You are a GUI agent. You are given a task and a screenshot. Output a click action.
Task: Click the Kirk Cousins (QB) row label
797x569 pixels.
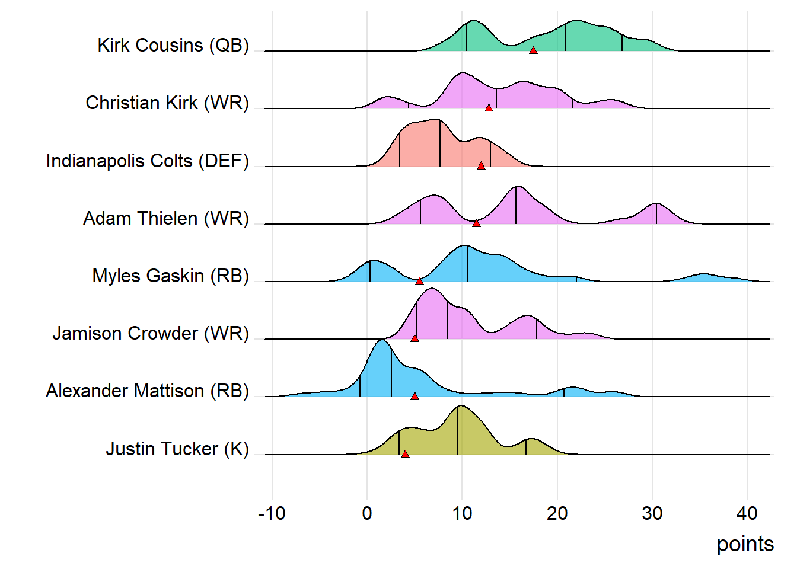tap(173, 46)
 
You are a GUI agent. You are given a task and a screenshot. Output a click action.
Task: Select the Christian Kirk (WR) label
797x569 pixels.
tap(167, 103)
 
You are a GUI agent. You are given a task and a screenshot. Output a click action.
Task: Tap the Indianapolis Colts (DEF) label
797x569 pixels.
tap(148, 161)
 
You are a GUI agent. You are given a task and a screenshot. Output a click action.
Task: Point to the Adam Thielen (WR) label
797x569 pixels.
tap(166, 219)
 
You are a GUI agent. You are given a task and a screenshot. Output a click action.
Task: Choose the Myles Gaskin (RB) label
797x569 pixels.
tap(171, 276)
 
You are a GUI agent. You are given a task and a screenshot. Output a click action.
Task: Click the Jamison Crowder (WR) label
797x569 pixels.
tap(151, 334)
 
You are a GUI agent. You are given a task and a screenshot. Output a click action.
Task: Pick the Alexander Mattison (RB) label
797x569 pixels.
tap(148, 391)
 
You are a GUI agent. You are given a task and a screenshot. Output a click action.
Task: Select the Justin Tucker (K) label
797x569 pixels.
tap(177, 449)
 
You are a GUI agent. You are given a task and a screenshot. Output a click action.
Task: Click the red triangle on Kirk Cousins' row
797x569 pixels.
tap(533, 50)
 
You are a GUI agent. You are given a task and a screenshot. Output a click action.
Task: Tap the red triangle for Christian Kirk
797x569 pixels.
tap(489, 108)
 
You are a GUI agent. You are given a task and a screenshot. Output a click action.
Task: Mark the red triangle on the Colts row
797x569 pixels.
tap(481, 166)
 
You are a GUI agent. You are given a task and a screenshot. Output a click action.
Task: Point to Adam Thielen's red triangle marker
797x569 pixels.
tap(476, 223)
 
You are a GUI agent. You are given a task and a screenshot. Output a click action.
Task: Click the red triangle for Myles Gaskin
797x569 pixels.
tap(419, 281)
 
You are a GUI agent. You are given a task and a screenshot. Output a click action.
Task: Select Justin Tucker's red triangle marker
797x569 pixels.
tap(405, 454)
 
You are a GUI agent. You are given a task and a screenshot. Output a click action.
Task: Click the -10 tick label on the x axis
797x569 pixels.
tap(272, 513)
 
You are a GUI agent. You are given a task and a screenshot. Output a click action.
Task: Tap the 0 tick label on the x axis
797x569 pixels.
tap(367, 513)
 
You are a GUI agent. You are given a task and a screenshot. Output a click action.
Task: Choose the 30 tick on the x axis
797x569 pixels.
tap(652, 513)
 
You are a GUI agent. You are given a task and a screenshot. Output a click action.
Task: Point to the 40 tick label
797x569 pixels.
tap(747, 513)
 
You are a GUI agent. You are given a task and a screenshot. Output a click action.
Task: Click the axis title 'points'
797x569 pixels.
tap(745, 544)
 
